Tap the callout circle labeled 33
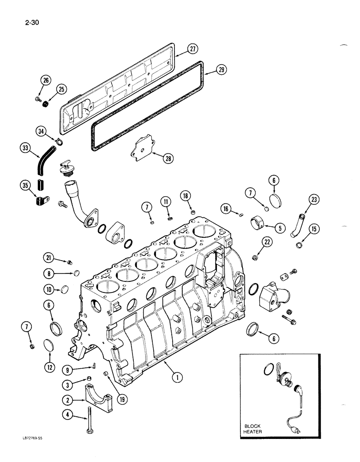pos(24,148)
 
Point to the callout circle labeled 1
pos(176,378)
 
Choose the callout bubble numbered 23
pos(314,200)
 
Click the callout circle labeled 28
pos(168,158)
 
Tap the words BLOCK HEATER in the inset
pos(252,428)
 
